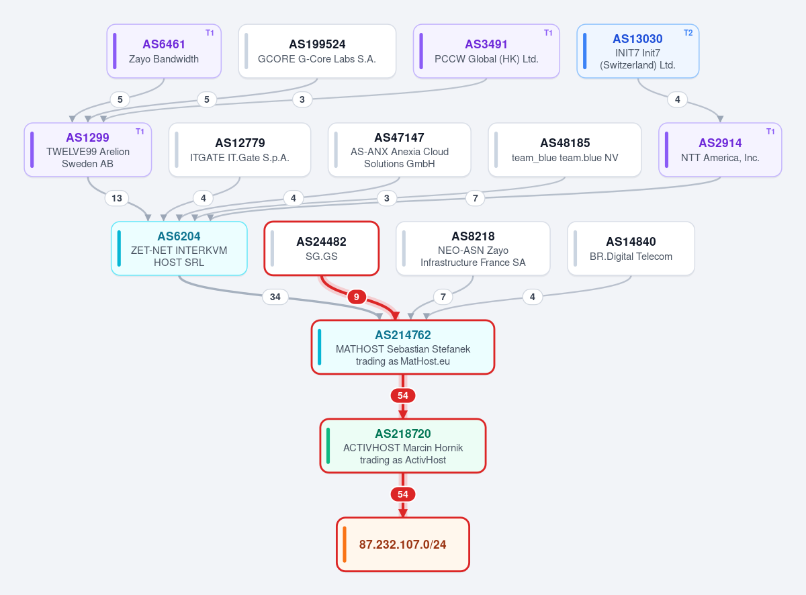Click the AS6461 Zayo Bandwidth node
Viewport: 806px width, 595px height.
[164, 51]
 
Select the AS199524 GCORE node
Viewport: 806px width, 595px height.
[317, 51]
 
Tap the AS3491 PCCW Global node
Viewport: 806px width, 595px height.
[486, 51]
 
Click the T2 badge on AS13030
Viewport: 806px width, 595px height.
[688, 33]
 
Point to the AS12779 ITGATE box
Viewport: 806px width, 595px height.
[240, 150]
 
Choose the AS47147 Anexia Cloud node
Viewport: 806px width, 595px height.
[400, 150]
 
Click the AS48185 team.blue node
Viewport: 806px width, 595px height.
[565, 150]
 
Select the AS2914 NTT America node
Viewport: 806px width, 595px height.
[720, 150]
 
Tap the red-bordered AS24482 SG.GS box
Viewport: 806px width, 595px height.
[322, 248]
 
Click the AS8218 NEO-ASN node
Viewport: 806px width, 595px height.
[473, 248]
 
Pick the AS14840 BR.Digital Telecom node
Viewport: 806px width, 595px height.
[631, 248]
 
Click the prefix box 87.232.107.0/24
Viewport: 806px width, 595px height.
[402, 545]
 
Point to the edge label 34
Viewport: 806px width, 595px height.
[275, 297]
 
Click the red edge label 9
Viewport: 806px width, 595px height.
[357, 297]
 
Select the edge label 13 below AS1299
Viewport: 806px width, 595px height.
[117, 198]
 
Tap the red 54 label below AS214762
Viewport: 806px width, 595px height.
[402, 396]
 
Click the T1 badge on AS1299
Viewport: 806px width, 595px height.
[140, 131]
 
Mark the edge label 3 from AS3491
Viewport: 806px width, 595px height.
[302, 99]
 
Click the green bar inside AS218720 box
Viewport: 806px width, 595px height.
[328, 446]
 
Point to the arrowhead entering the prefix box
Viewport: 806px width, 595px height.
[402, 513]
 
